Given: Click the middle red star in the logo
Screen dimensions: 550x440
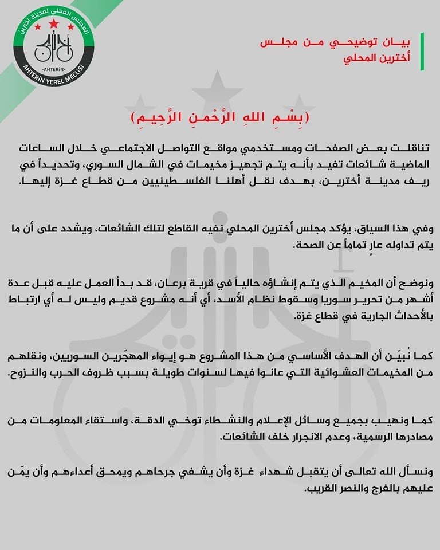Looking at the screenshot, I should (54, 24).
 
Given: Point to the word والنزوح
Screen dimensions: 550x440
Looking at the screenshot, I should (26, 372).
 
